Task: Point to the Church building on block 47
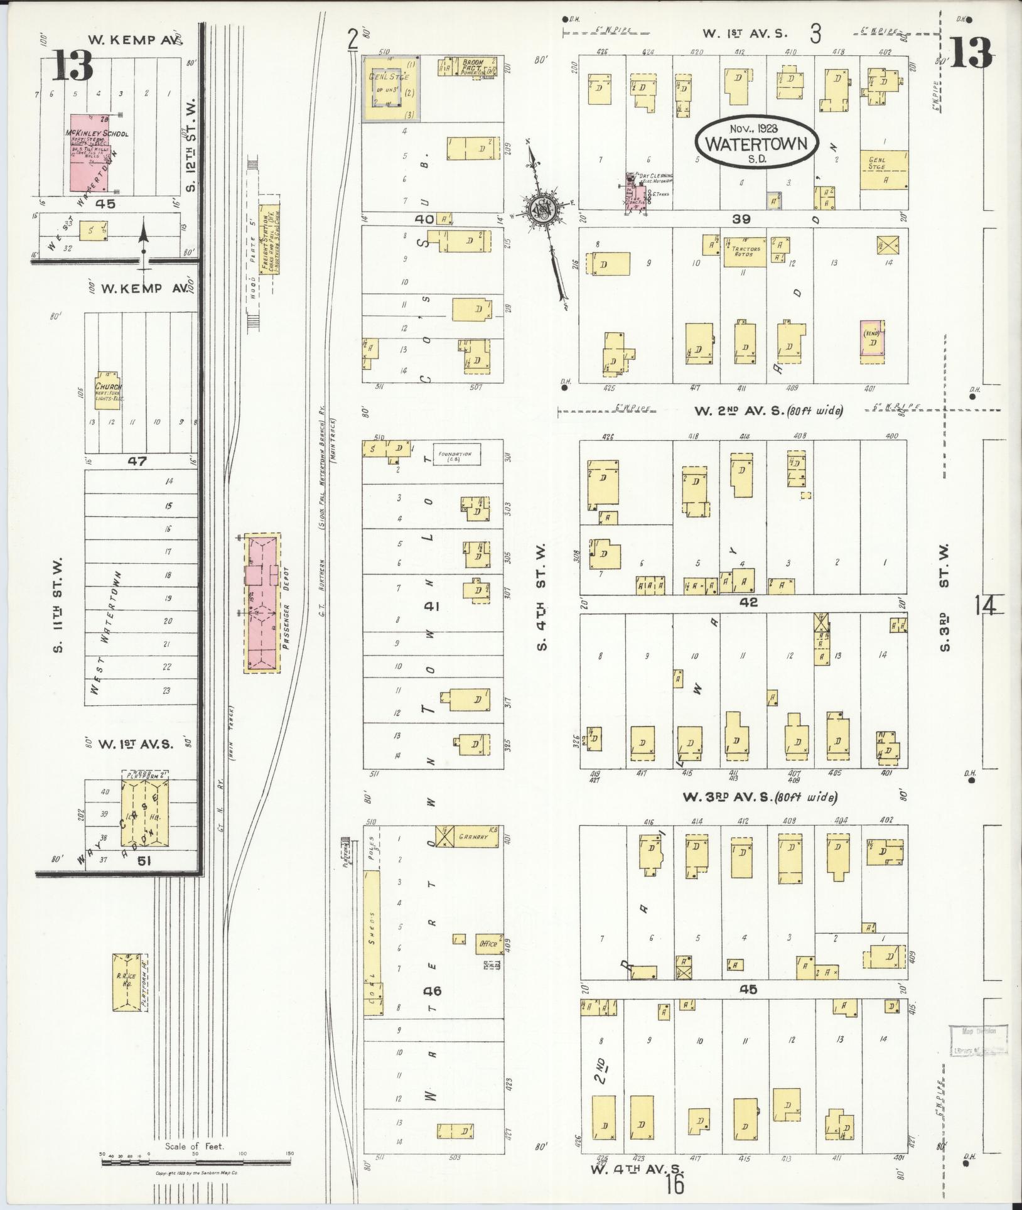(107, 393)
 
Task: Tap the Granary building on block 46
(470, 837)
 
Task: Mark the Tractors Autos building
(745, 252)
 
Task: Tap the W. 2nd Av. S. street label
(738, 411)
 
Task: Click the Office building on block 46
(489, 943)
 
